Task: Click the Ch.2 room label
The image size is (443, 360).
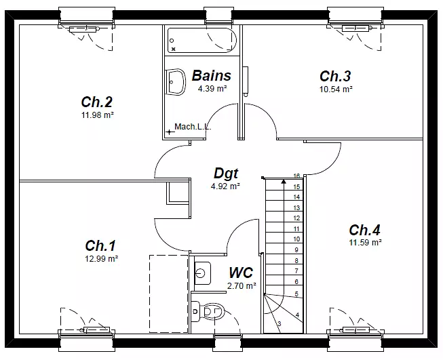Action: [96, 102]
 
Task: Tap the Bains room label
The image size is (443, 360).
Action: [212, 76]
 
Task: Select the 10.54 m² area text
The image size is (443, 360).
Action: [336, 89]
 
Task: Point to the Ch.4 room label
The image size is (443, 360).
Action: [364, 230]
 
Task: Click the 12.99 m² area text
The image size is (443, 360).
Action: [102, 258]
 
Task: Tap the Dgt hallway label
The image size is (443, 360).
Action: [226, 173]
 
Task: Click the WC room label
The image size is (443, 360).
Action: [241, 273]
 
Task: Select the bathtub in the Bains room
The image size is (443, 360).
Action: [201, 41]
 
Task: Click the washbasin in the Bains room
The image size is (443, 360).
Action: [176, 82]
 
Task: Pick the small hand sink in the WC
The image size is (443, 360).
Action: [202, 273]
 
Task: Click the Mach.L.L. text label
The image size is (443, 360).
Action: [193, 127]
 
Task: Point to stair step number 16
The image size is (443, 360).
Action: [296, 176]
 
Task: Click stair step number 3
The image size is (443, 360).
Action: [280, 323]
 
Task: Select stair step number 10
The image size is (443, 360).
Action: [296, 239]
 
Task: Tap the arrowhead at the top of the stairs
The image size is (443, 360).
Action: [283, 181]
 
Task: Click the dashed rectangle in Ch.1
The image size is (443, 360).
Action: [169, 294]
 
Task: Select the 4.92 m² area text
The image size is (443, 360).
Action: [225, 186]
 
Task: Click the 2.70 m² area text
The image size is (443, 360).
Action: [242, 285]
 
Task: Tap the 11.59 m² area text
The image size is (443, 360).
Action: [366, 243]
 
